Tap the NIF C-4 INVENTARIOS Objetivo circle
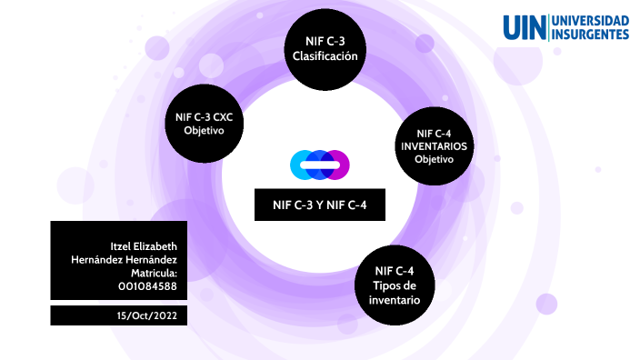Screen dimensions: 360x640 [433, 145]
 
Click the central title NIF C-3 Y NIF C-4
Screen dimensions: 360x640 [320, 205]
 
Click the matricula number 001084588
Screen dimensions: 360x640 [147, 285]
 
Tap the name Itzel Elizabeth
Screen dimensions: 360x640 [143, 246]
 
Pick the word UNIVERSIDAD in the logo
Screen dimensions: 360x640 [591, 20]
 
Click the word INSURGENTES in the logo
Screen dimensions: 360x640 [591, 35]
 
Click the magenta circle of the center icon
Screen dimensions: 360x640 [338, 165]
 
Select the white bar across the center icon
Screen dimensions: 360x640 [320, 165]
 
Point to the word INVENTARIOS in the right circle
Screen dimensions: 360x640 [434, 145]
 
